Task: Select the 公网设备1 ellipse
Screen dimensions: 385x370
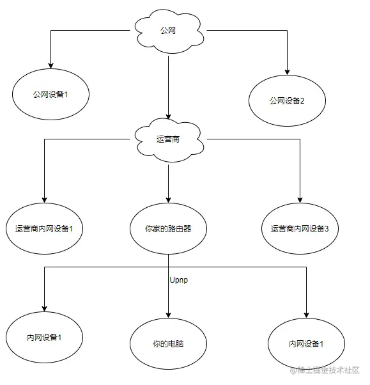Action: click(50, 95)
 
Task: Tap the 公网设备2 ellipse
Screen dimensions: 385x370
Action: click(288, 100)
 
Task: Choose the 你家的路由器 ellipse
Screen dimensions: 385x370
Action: click(167, 228)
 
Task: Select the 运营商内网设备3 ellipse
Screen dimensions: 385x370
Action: click(299, 228)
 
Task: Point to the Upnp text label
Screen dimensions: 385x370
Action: click(180, 281)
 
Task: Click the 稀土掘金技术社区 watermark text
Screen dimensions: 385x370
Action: click(328, 371)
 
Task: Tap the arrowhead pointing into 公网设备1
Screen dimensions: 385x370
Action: click(50, 66)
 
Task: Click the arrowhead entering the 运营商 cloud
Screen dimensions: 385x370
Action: click(167, 116)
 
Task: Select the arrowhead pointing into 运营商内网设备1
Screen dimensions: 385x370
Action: click(44, 200)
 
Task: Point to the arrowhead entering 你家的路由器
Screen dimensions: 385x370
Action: click(167, 200)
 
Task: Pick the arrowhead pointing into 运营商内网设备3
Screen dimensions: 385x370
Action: click(299, 200)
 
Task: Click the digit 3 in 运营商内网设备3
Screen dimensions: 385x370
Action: click(327, 228)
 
